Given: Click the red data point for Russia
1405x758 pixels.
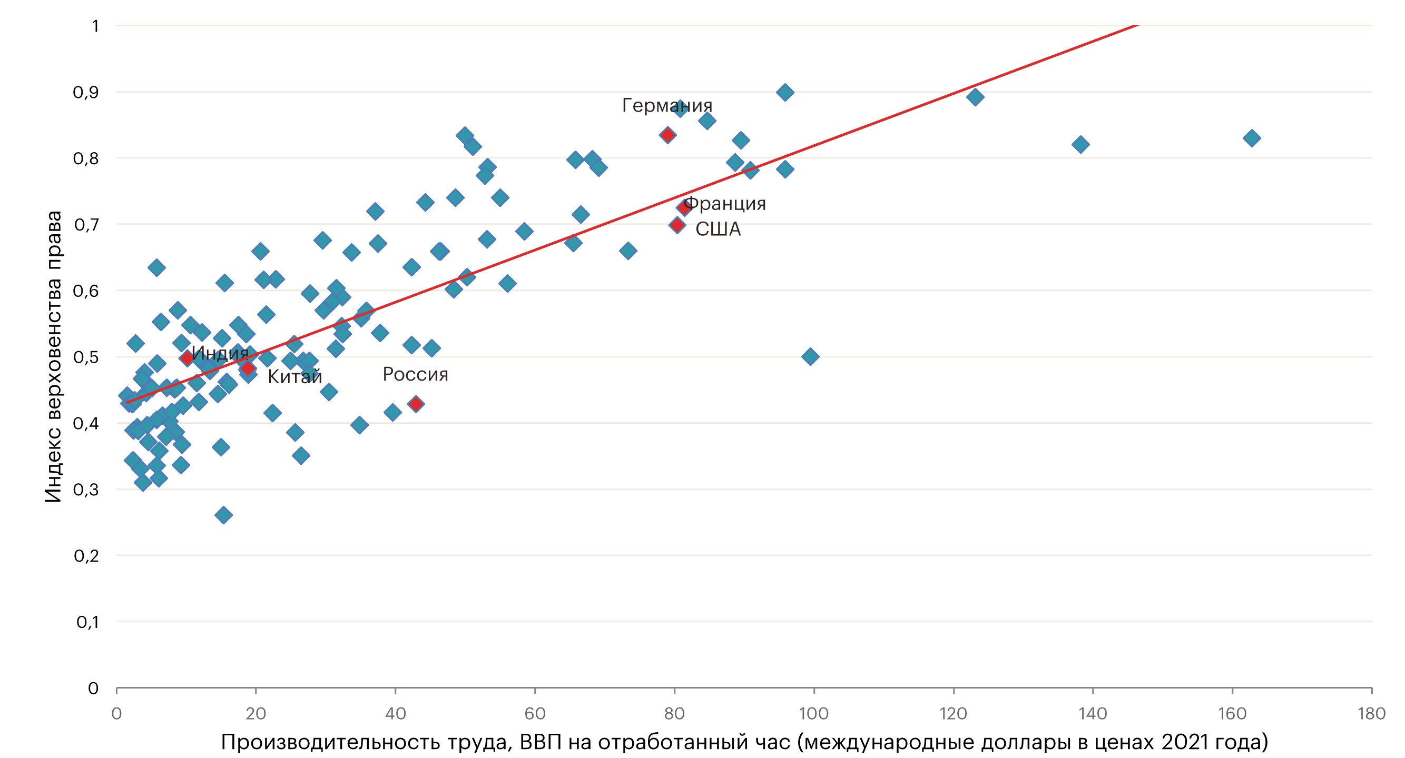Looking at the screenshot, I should [416, 404].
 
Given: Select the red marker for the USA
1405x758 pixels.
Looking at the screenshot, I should [677, 225].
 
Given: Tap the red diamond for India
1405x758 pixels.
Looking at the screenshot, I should [186, 358].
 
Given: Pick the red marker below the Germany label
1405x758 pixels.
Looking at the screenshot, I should [667, 135].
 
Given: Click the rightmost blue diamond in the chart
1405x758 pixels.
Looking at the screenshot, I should [1252, 138].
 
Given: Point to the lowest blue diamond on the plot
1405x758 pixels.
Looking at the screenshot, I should [223, 514].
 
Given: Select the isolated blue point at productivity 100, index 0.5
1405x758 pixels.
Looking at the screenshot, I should [810, 356].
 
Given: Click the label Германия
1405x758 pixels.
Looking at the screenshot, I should [666, 105].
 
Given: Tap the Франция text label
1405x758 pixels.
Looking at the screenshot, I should [724, 203].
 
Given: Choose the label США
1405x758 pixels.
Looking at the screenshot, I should [718, 229].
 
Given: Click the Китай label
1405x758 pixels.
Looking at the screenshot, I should [294, 376].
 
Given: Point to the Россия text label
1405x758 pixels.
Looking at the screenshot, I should [415, 374].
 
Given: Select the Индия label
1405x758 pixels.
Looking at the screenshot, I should [220, 353].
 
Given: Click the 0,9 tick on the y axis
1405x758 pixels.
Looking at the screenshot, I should [86, 92].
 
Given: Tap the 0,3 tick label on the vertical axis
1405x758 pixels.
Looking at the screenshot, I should [86, 490].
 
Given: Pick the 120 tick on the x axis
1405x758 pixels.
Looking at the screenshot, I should [953, 713].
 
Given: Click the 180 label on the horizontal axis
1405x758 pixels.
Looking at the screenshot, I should [1371, 713].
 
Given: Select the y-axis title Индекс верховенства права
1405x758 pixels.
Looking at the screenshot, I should [53, 356].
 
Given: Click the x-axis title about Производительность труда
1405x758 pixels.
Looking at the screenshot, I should [744, 742].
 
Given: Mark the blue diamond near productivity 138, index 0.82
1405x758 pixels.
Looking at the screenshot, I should [1080, 144].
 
